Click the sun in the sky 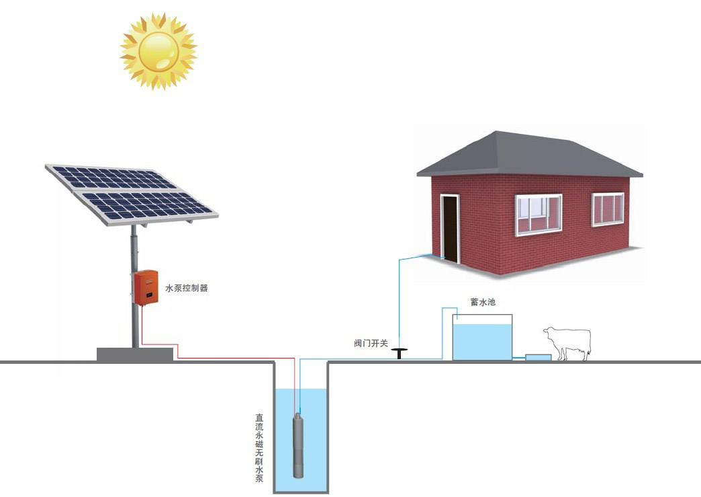point(158,51)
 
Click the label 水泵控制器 point(187,288)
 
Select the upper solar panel point(111,178)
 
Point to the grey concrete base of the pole point(135,354)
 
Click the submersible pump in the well point(298,445)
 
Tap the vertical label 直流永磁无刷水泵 point(259,447)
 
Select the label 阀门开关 point(371,344)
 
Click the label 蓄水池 point(483,302)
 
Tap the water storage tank point(482,337)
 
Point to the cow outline point(567,343)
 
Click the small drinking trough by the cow point(539,357)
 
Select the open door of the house point(450,229)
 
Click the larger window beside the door point(539,215)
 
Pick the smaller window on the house point(608,209)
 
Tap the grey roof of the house point(530,154)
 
